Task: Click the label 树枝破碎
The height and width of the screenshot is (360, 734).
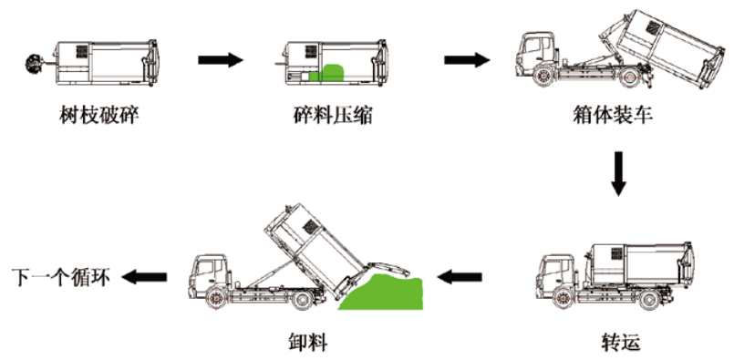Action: [98, 115]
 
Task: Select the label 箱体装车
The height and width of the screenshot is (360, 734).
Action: [613, 115]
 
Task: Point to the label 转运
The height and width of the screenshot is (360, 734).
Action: [621, 342]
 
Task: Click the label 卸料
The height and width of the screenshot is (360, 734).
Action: [307, 342]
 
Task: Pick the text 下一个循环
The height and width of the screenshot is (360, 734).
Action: [61, 278]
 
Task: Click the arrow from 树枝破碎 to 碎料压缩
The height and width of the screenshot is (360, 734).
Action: [221, 59]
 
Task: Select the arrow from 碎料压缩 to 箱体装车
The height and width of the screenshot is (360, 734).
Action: [467, 59]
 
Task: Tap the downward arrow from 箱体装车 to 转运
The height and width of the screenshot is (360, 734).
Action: [618, 173]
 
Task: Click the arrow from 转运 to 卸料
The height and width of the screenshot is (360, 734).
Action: [460, 277]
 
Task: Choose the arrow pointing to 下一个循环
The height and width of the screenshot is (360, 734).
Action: [144, 277]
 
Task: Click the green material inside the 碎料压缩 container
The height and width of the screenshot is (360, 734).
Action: [327, 74]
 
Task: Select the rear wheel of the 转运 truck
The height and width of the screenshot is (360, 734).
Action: [649, 298]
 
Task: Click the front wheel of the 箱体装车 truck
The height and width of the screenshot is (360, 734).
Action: [543, 77]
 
